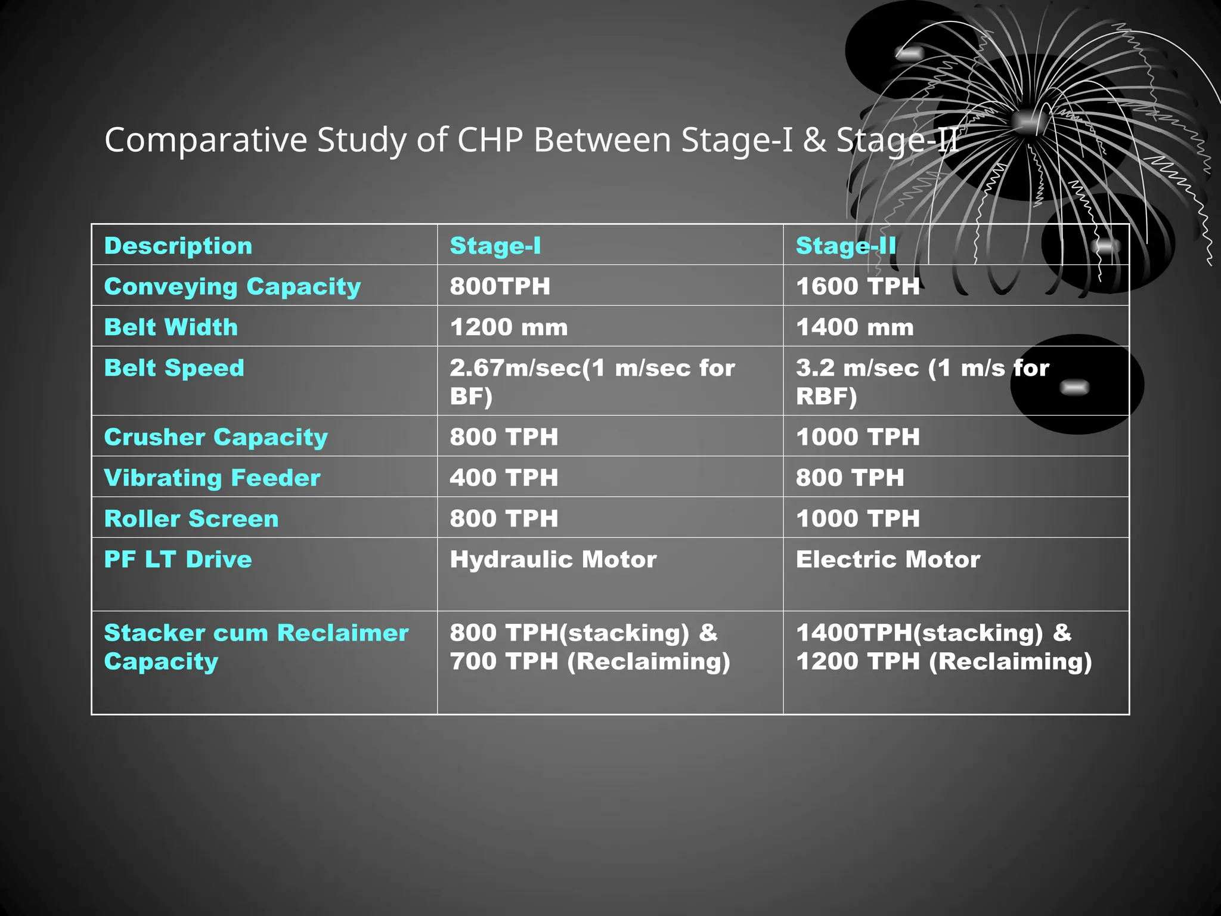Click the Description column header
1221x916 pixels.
point(178,246)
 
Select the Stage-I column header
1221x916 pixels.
point(495,246)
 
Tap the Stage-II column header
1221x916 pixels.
point(845,246)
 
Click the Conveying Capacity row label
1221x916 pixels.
point(233,286)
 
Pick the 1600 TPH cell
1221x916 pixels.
point(857,286)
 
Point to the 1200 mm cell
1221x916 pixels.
point(509,327)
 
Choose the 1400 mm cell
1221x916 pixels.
point(854,327)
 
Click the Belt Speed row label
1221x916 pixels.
point(174,368)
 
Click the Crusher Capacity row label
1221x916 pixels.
point(216,437)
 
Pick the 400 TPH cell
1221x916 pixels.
point(504,478)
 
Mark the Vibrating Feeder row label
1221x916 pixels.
point(212,478)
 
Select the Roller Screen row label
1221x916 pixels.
point(191,518)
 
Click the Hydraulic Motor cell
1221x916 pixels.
point(553,559)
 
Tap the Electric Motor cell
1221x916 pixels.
point(887,559)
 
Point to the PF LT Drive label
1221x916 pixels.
point(178,559)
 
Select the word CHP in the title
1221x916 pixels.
point(490,140)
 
